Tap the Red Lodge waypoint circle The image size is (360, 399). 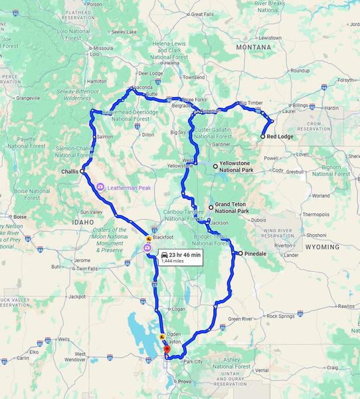tap(263, 136)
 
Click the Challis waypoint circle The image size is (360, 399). tap(82, 171)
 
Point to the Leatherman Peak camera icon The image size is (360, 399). tap(100, 188)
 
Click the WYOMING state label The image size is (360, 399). tap(322, 247)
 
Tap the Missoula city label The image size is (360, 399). tap(104, 49)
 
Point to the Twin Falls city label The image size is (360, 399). tap(87, 269)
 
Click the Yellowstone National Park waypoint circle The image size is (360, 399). tap(215, 165)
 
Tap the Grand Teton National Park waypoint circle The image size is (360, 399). tap(211, 207)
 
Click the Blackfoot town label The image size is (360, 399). tap(162, 236)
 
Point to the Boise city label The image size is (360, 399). tap(19, 216)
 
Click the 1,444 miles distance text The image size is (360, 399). tap(172, 261)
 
